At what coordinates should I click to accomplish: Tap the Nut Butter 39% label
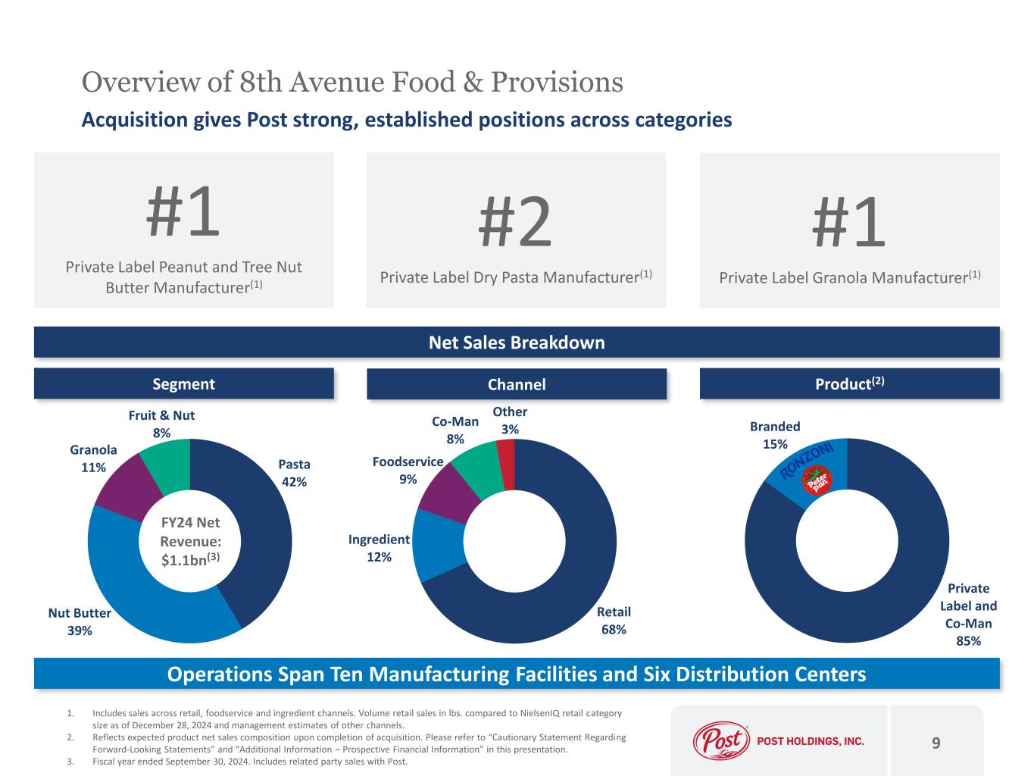pos(80,621)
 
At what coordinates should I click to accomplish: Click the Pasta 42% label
pos(294,473)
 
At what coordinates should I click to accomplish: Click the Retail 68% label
pos(613,620)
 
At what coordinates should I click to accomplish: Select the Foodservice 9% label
pos(408,470)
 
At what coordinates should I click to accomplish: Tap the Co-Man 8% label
pos(455,430)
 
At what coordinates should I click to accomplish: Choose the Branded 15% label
pos(775,435)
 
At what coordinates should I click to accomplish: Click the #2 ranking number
pos(515,221)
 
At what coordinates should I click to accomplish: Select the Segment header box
pos(183,384)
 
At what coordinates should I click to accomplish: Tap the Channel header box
pos(517,384)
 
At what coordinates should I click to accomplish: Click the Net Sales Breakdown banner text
pos(517,343)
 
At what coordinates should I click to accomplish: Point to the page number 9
pos(936,743)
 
